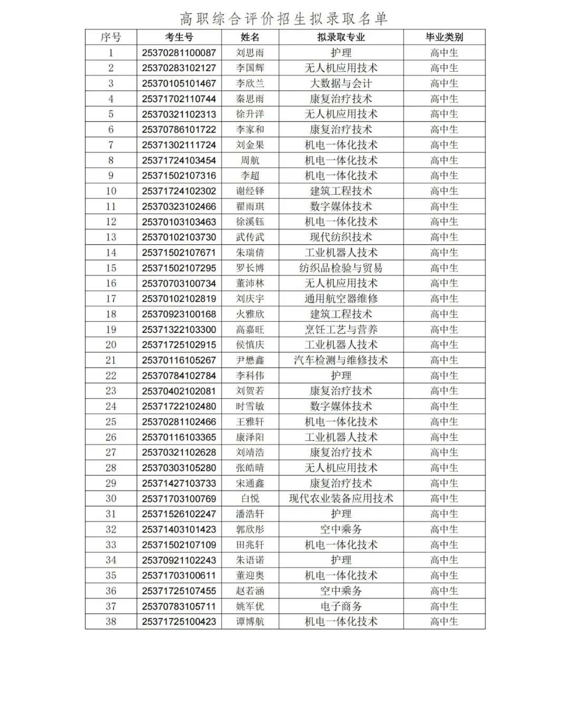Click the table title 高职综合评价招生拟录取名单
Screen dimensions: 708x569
tap(284, 19)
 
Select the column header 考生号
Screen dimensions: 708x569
tap(179, 37)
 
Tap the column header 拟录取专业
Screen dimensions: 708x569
tap(341, 37)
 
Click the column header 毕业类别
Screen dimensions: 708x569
tap(444, 37)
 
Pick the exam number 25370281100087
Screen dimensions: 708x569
tap(179, 53)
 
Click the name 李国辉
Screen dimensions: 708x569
tap(250, 68)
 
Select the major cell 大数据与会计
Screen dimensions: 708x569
tap(341, 83)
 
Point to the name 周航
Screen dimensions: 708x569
tap(250, 160)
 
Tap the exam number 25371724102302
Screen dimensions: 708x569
tap(179, 191)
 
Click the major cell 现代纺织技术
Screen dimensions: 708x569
tap(341, 237)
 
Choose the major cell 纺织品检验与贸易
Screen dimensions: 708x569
tap(341, 268)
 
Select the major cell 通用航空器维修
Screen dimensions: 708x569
tap(341, 299)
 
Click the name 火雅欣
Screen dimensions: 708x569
tap(250, 314)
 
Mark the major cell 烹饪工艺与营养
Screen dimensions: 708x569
tap(341, 330)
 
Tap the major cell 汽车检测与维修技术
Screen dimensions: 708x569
tap(341, 360)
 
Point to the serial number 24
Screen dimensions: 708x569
tap(111, 406)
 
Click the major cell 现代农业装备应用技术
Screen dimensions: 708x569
tap(341, 498)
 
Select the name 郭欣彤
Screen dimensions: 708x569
tap(250, 529)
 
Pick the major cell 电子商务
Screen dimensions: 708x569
tap(341, 606)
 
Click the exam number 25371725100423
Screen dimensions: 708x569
tap(179, 622)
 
